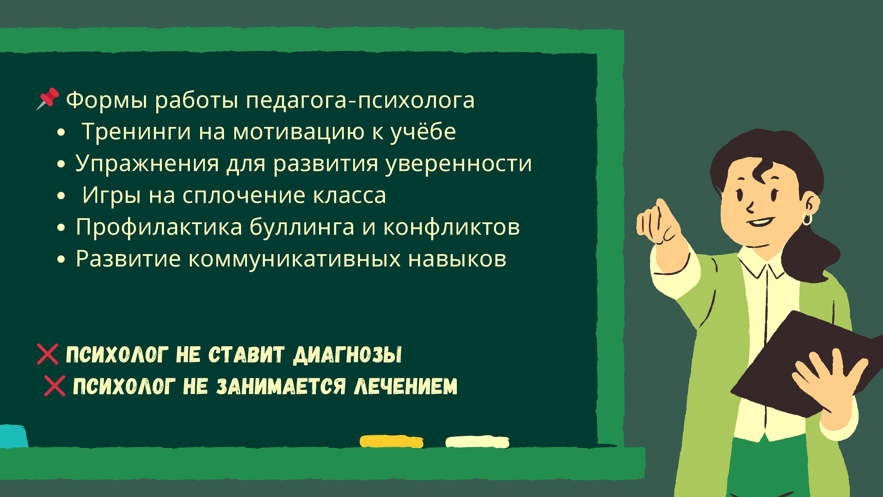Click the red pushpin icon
(48, 99)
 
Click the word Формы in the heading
(107, 100)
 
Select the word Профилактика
(159, 227)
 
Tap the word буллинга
(302, 227)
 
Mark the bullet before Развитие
(61, 260)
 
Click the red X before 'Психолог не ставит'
(48, 354)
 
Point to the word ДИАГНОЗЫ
(347, 354)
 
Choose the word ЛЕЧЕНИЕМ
(406, 386)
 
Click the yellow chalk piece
(391, 441)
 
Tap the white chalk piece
(477, 442)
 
